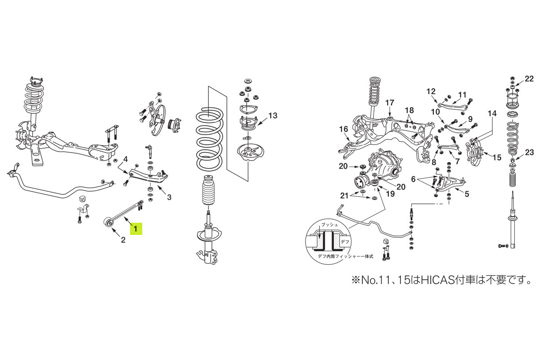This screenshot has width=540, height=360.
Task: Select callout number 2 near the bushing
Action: pos(122,240)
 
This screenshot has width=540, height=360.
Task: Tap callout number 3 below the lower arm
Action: pos(169,197)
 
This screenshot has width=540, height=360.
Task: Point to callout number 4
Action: pos(126,158)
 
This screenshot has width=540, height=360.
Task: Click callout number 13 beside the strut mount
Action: pos(273,116)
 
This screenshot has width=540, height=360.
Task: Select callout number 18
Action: pos(409,110)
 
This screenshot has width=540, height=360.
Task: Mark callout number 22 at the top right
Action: pos(529,80)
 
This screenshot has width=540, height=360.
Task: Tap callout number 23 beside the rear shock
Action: pos(529,153)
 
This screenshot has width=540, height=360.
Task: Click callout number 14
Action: pos(492,113)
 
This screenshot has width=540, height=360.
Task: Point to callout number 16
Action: pos(344,129)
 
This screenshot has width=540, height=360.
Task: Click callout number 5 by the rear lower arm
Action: pos(467,195)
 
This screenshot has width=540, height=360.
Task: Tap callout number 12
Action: pos(431,91)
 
